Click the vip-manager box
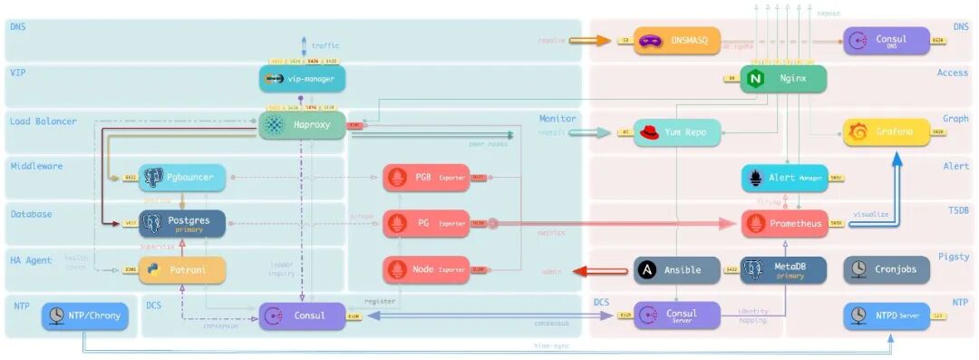(303, 79)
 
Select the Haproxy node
(303, 127)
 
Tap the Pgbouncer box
(182, 178)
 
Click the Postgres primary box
(182, 224)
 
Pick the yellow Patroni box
(182, 269)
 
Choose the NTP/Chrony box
(85, 316)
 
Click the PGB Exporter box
(426, 178)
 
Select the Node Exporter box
(426, 269)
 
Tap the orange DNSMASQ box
(676, 41)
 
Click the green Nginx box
(783, 79)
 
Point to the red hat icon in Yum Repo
(648, 133)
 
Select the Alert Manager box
(784, 178)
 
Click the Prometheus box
(784, 224)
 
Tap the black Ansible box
(676, 269)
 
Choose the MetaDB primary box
(784, 269)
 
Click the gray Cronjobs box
(886, 269)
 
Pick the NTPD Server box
(886, 316)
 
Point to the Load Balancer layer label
(43, 122)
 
